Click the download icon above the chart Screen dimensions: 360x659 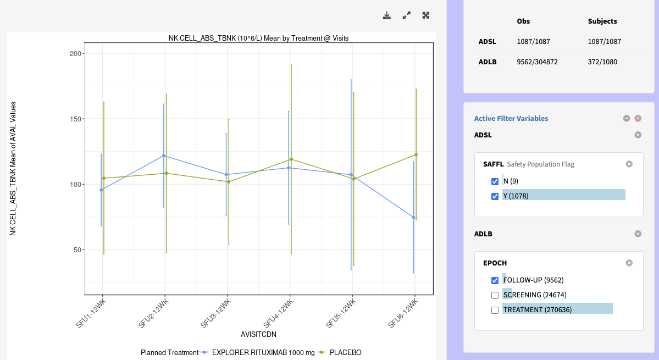pos(387,15)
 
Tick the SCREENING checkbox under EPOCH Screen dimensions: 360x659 pos(495,295)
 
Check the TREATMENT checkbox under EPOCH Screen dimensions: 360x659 pos(495,310)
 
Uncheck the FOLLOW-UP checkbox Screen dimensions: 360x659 pos(495,280)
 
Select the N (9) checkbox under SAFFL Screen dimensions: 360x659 pos(495,181)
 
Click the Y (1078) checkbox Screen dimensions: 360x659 pos(495,196)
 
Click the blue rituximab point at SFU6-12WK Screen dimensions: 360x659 pos(413,218)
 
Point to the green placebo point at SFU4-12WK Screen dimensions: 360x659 pos(291,159)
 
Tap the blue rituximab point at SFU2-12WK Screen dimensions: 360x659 pos(163,156)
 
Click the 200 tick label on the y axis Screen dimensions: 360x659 pos(75,53)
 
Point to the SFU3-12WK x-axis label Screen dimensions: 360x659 pos(215,313)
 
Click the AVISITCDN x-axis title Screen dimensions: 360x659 pos(258,334)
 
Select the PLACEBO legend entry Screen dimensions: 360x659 pos(345,352)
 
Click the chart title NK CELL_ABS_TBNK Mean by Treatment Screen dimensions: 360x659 pos(258,38)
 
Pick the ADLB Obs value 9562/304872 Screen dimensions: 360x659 pos(537,62)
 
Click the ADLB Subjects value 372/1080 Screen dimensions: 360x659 pos(602,62)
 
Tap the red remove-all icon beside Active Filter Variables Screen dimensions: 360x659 pos(638,118)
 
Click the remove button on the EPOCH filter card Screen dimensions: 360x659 pos(629,263)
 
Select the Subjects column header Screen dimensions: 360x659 pos(602,21)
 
